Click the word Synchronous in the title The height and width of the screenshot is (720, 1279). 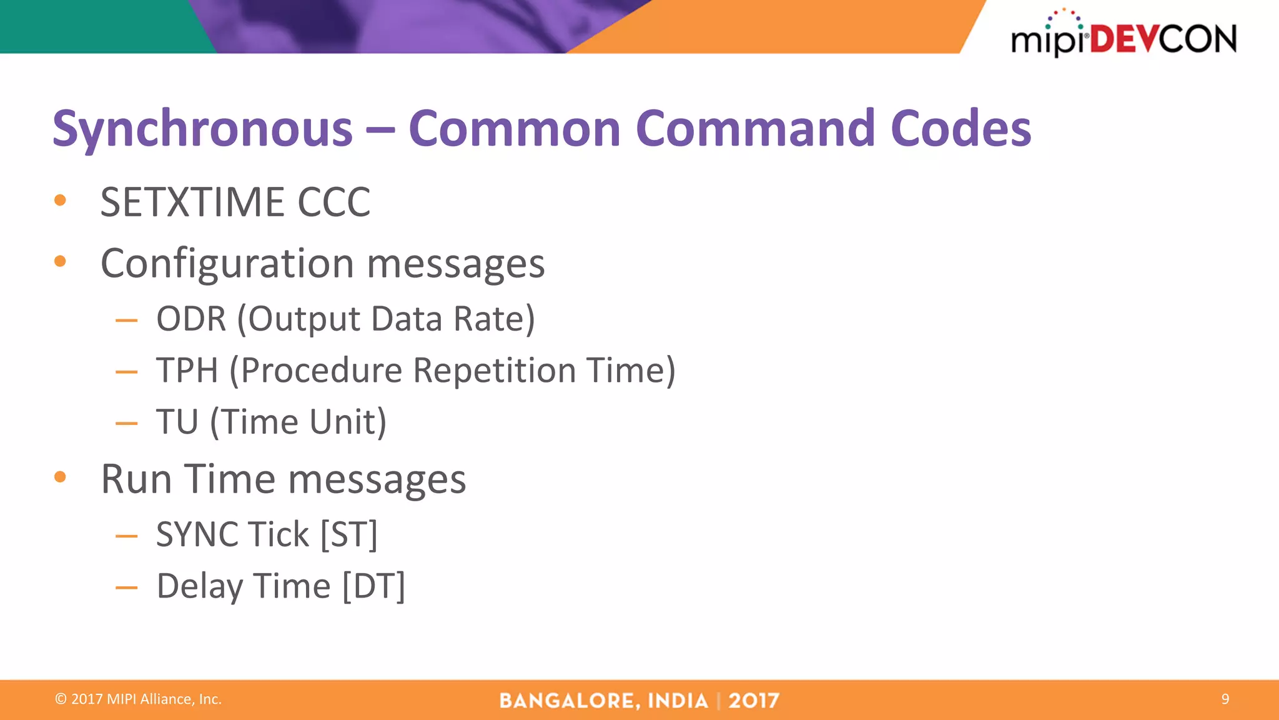point(202,129)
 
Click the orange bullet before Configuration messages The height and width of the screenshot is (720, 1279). point(60,261)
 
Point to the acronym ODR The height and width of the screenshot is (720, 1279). point(191,319)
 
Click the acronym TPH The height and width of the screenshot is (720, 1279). point(187,370)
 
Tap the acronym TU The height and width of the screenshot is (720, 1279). point(177,422)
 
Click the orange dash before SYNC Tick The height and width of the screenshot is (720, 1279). point(126,536)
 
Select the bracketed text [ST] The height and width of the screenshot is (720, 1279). point(348,535)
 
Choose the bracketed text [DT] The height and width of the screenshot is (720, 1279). point(373,586)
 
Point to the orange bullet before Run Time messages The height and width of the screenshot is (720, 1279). point(60,477)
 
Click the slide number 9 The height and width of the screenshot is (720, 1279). point(1225,699)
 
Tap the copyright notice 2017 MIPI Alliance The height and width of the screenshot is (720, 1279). point(138,699)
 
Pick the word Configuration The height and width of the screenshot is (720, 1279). point(228,264)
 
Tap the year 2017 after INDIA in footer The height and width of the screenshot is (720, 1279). point(753,701)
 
